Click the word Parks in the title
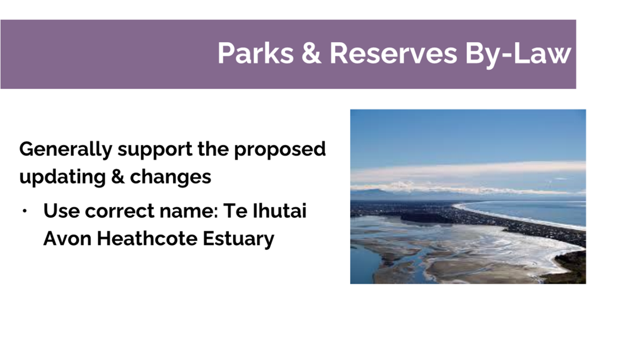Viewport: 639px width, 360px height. click(x=256, y=53)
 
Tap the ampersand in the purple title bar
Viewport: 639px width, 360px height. click(x=311, y=53)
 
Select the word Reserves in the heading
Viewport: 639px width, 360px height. click(x=393, y=53)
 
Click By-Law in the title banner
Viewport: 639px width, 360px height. click(x=518, y=54)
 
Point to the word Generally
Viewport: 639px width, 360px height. click(x=66, y=149)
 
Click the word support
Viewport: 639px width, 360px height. click(x=155, y=150)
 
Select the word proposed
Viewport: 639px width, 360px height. click(x=280, y=149)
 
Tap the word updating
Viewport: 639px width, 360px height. click(x=63, y=177)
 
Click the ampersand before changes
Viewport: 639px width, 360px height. click(x=118, y=176)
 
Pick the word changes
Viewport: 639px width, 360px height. click(x=171, y=177)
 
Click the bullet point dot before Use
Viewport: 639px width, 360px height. click(x=24, y=211)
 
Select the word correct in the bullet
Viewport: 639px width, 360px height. click(x=119, y=211)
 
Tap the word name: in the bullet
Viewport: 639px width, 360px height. click(x=189, y=211)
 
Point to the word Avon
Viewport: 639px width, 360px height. click(x=67, y=238)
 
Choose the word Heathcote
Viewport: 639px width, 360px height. click(x=147, y=238)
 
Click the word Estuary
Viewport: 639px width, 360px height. click(x=238, y=239)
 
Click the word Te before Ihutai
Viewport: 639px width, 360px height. click(x=235, y=211)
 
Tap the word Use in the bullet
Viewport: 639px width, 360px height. click(x=61, y=211)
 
